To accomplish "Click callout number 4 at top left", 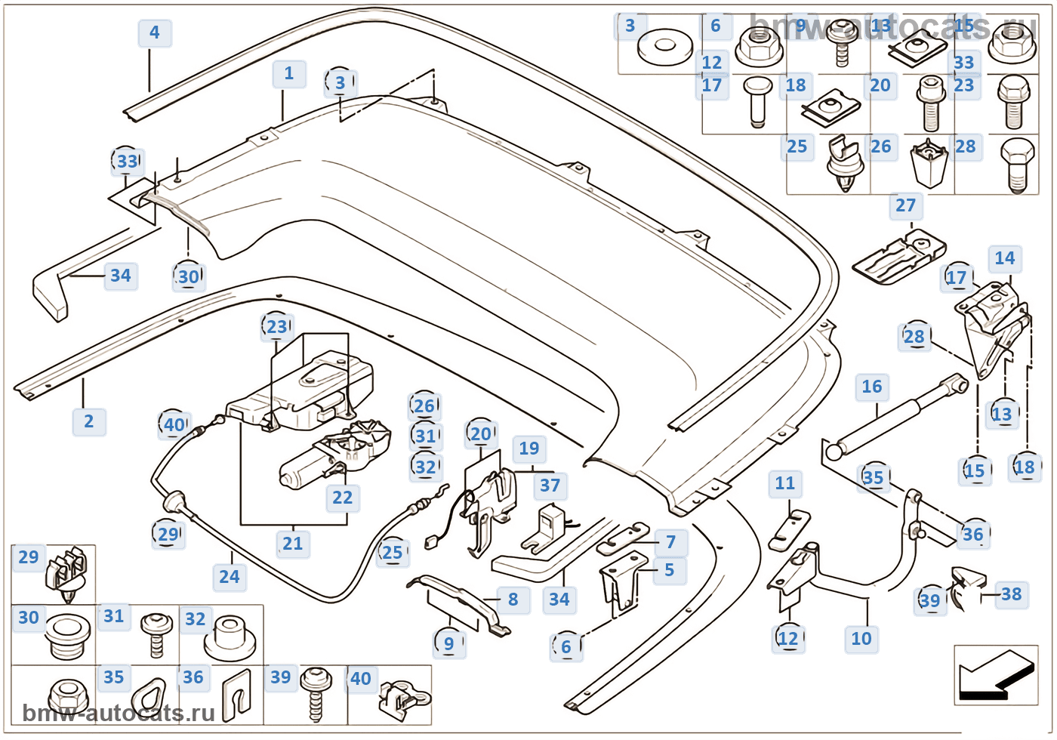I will pos(155,33).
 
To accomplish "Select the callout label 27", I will pos(905,205).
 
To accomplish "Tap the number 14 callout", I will pos(1004,258).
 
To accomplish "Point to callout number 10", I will pos(861,639).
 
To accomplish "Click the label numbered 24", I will pos(229,577).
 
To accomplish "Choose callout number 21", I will pos(292,544).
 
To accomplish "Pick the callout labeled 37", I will pos(550,486).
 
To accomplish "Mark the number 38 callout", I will pos(1011,594).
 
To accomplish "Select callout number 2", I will pos(89,421).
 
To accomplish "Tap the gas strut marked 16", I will pos(895,419).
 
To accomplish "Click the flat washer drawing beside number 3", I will pos(664,48).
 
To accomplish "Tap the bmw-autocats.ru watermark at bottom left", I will pos(119,713).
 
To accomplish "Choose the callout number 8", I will pos(513,600).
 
